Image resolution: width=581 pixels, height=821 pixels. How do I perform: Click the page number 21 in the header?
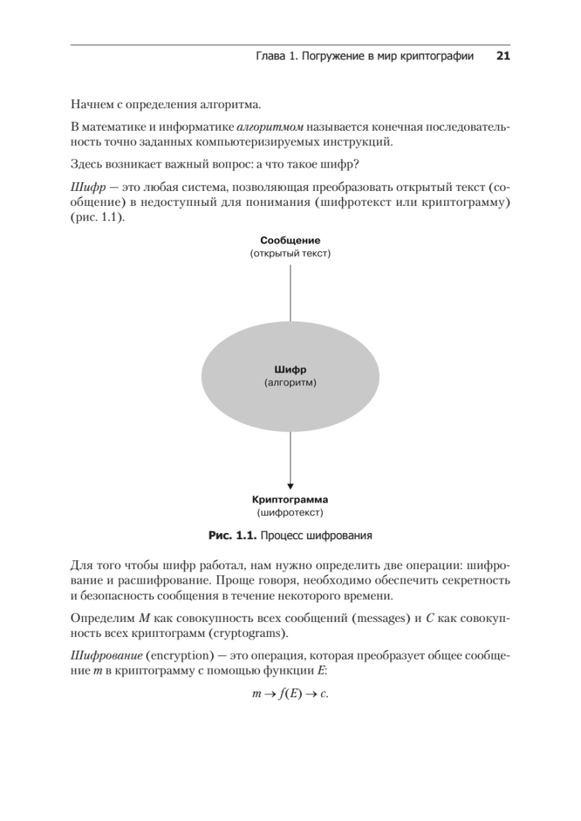[503, 57]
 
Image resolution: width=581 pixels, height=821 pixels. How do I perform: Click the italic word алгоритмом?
[270, 127]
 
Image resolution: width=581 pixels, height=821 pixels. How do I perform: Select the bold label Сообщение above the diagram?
[290, 241]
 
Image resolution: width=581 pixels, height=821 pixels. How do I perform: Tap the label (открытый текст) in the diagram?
[290, 254]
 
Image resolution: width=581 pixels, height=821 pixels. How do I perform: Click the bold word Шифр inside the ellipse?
[290, 371]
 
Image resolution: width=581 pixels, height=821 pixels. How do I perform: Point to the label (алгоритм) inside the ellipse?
[290, 384]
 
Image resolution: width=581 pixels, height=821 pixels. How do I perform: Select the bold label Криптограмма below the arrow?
[290, 499]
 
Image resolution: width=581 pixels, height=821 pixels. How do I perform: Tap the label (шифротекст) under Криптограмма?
[290, 512]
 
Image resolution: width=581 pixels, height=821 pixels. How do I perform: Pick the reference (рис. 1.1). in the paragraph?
[98, 218]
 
